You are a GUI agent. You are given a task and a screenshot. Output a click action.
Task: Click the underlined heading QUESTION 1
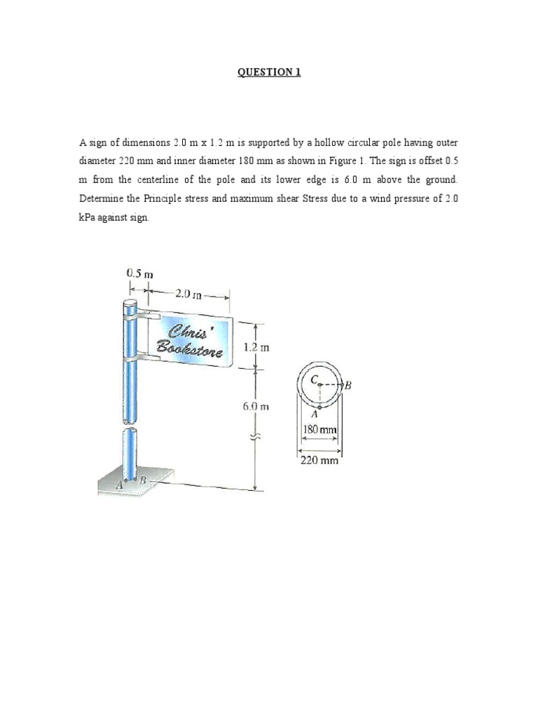pyautogui.click(x=269, y=72)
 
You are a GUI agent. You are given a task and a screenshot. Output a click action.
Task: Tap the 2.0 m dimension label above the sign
pyautogui.click(x=187, y=294)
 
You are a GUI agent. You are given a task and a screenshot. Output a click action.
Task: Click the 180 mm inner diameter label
pyautogui.click(x=320, y=429)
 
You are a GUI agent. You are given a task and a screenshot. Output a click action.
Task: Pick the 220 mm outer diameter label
pyautogui.click(x=320, y=461)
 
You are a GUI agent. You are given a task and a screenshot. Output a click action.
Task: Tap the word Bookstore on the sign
pyautogui.click(x=190, y=347)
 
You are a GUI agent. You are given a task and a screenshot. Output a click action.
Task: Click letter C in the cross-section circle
pyautogui.click(x=314, y=379)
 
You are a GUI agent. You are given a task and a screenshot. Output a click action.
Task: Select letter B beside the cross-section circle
pyautogui.click(x=347, y=385)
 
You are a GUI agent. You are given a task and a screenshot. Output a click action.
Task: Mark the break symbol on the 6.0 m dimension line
pyautogui.click(x=255, y=435)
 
